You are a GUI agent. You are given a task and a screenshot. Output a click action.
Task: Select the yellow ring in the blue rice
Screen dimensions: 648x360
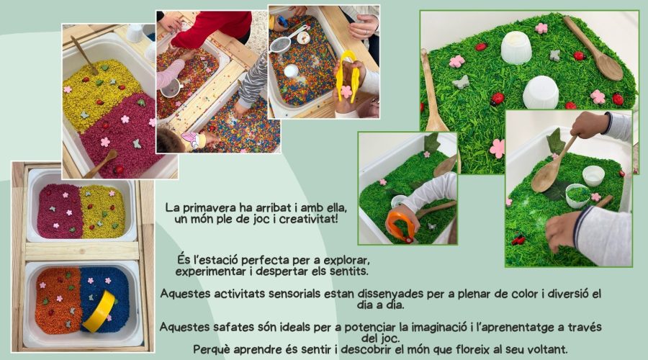point(99,311)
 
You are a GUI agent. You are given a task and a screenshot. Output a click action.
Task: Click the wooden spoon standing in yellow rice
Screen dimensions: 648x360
point(84,55)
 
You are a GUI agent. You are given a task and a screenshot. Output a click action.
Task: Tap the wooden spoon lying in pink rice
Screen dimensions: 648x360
point(101,163)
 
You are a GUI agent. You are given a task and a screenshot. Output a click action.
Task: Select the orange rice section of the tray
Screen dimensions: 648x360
point(57,300)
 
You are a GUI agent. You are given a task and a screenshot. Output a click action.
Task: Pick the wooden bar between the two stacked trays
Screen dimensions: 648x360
point(82,251)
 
